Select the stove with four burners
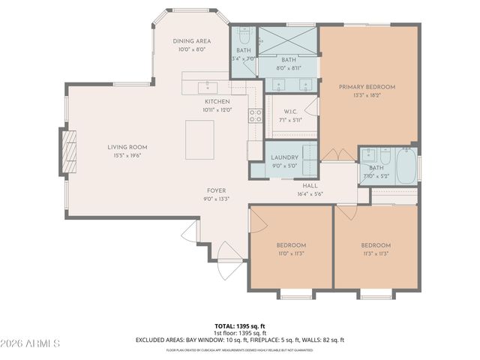click(255, 115)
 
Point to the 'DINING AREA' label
click(192, 41)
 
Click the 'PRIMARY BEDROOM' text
click(367, 87)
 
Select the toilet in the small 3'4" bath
click(244, 38)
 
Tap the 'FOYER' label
click(216, 190)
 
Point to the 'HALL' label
click(310, 185)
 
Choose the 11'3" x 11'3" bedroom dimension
click(375, 253)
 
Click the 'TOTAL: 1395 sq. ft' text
click(239, 326)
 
